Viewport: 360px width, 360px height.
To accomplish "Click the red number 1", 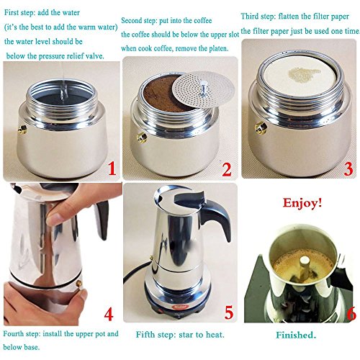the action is (x=112, y=168).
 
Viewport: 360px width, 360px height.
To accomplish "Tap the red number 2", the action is (x=227, y=170).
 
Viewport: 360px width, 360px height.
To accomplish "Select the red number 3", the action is (x=348, y=169).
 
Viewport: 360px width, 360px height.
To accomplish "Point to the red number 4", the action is (x=109, y=314).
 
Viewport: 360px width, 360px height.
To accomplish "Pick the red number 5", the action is (x=229, y=312).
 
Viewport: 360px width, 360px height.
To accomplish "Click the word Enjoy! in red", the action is (x=302, y=203).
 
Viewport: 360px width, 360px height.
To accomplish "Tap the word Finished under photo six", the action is (x=296, y=335).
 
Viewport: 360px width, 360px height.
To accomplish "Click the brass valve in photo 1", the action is (x=22, y=130).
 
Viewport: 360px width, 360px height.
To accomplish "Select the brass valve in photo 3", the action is (x=261, y=127).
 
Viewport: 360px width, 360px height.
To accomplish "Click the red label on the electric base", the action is (x=179, y=307).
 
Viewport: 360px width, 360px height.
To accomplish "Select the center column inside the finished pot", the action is (x=304, y=269).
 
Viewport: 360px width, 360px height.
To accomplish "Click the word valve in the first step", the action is (x=95, y=56).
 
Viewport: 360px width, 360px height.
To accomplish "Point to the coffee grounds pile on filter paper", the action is (x=304, y=73).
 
